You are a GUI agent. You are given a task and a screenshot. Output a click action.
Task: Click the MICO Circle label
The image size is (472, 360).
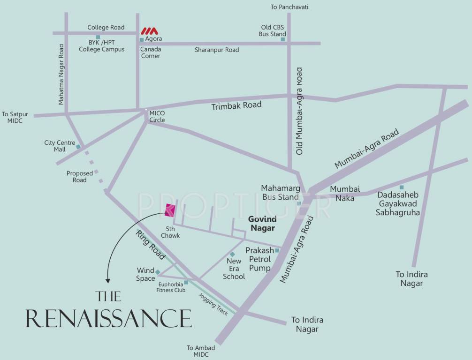pos(157,117)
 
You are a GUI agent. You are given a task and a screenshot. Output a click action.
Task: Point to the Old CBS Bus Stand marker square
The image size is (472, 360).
pos(283,39)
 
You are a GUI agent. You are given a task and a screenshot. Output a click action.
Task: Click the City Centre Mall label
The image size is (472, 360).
pos(56,146)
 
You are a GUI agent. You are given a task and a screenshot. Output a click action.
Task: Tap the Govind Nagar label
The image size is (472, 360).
pos(262,224)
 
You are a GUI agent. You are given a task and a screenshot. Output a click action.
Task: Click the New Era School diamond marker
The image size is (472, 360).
pos(232,254)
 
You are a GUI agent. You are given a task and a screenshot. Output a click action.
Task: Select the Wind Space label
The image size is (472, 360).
pos(145,274)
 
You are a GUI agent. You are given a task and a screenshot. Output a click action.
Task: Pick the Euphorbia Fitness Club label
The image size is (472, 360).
pos(171,287)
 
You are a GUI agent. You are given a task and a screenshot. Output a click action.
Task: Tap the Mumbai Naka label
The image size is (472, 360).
pos(345,193)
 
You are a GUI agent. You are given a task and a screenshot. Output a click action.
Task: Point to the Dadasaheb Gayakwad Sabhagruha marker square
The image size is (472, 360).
pos(402,187)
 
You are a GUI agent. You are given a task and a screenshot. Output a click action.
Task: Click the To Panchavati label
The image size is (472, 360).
pos(289,7)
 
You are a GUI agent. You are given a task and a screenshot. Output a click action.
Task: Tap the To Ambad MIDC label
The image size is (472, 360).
pos(201,351)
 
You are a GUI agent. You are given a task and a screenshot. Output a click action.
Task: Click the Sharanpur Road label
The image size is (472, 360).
pos(217,50)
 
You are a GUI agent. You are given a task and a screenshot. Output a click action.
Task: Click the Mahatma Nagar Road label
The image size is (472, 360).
pos(61,74)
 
